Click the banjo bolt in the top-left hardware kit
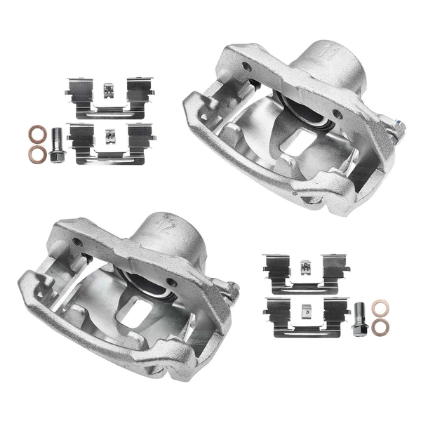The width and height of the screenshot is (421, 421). point(56,147)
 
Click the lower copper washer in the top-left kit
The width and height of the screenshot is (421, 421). point(35,152)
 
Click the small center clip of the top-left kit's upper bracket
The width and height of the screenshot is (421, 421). point(108,90)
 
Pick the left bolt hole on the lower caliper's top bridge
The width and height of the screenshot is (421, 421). point(78,242)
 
